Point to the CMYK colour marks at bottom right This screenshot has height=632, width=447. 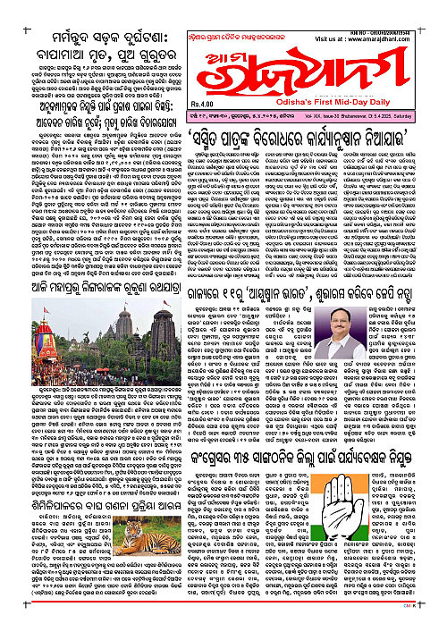(434, 627)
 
